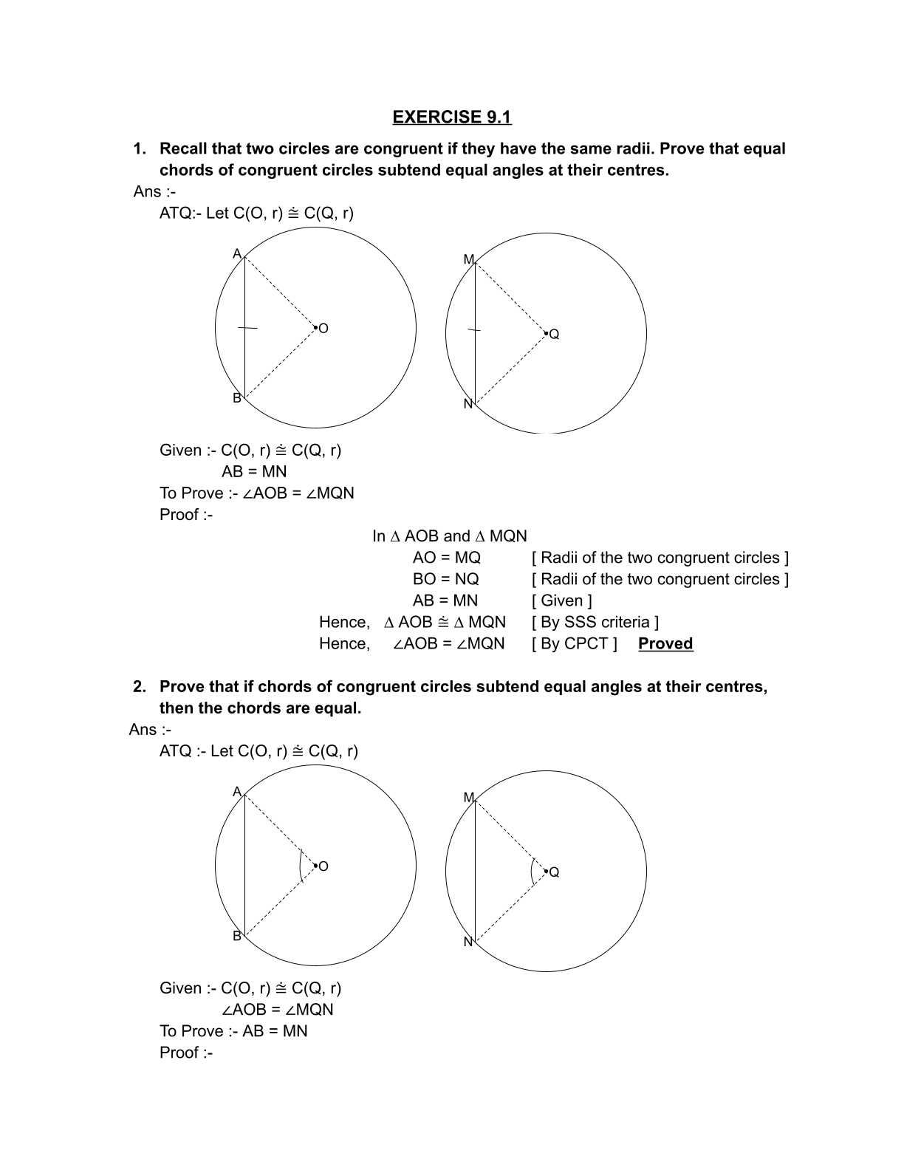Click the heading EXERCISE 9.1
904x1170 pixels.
(x=451, y=117)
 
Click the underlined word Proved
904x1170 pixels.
(x=665, y=643)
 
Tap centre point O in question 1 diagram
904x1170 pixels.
(x=315, y=326)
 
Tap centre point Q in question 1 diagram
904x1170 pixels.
(x=546, y=333)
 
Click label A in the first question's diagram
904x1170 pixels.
(x=237, y=254)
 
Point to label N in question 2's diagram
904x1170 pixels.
(x=468, y=942)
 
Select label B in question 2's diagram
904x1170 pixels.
(x=237, y=936)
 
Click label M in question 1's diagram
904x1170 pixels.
(x=468, y=259)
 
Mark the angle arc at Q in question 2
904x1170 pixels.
(x=532, y=872)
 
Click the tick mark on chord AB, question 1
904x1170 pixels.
(x=247, y=328)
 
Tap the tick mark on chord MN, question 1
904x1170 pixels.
(x=474, y=330)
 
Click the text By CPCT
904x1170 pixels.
(x=574, y=643)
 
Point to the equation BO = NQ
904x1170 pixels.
(x=445, y=579)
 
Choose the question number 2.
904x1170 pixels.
(x=139, y=687)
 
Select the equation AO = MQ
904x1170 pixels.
(x=446, y=558)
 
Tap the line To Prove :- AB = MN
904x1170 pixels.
(x=233, y=1031)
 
